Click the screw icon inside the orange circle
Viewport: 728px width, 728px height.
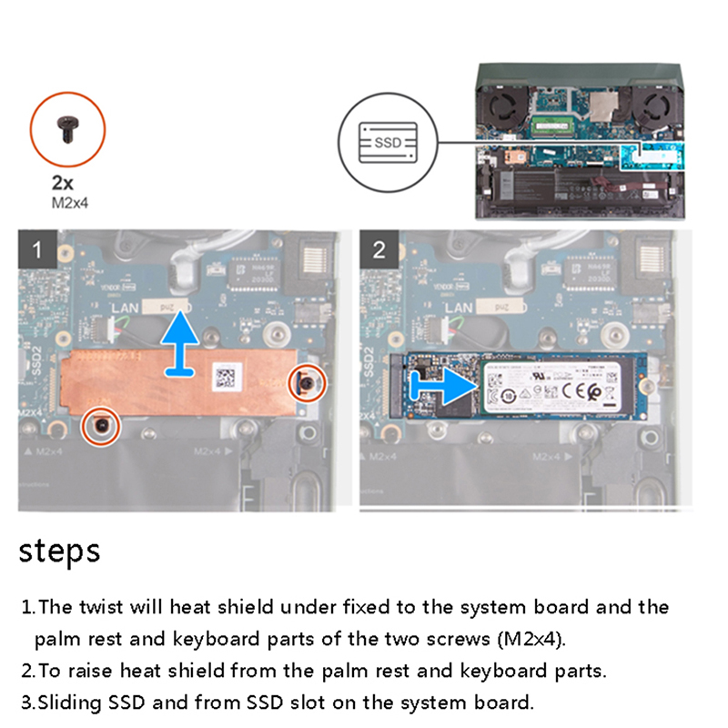click(67, 128)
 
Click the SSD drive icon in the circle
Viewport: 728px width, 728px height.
click(387, 144)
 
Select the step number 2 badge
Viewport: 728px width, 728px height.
click(380, 248)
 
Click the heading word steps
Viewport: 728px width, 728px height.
click(59, 551)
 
